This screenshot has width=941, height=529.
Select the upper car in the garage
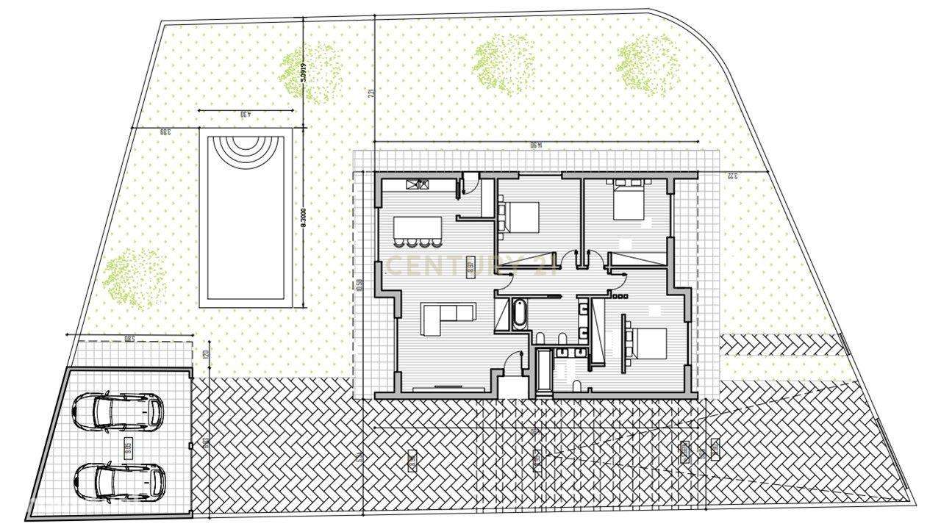click(118, 411)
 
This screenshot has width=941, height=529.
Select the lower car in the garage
click(119, 481)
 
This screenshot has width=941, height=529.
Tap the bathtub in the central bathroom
click(518, 314)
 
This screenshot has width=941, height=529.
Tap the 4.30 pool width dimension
click(246, 115)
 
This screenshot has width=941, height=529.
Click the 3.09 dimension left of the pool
click(165, 132)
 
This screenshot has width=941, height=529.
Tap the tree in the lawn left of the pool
click(132, 275)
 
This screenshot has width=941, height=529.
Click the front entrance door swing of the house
click(512, 364)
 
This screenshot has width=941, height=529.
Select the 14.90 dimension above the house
click(536, 145)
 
